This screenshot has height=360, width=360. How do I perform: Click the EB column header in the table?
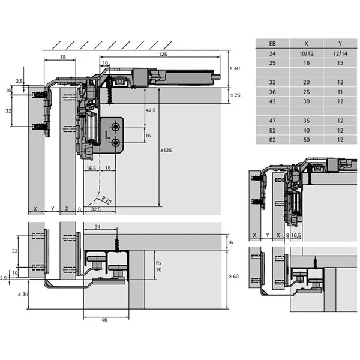pyautogui.click(x=272, y=44)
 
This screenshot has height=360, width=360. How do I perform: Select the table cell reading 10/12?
pyautogui.click(x=306, y=53)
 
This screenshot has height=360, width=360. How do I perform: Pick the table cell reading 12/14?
pyautogui.click(x=340, y=53)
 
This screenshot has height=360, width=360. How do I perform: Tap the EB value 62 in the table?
pyautogui.click(x=272, y=140)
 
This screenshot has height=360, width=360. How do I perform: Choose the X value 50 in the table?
pyautogui.click(x=306, y=140)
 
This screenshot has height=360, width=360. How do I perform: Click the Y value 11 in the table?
pyautogui.click(x=340, y=92)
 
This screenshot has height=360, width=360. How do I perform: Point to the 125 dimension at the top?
pyautogui.click(x=163, y=55)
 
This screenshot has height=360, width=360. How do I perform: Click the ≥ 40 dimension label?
pyautogui.click(x=235, y=68)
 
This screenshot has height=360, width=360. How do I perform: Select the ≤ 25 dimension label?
pyautogui.click(x=235, y=95)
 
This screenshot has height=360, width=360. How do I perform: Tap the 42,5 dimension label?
pyautogui.click(x=151, y=110)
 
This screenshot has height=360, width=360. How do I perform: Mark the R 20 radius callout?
pyautogui.click(x=106, y=200)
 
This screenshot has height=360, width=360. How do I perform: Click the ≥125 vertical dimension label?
pyautogui.click(x=166, y=151)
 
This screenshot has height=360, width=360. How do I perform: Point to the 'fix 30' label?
pyautogui.click(x=158, y=266)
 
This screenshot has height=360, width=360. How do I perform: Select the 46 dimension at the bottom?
pyautogui.click(x=104, y=320)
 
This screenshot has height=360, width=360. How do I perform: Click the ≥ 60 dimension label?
pyautogui.click(x=234, y=277)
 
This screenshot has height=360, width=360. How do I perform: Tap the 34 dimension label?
pyautogui.click(x=98, y=227)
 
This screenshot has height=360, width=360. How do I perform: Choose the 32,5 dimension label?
pyautogui.click(x=96, y=209)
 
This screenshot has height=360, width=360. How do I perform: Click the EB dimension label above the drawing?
pyautogui.click(x=63, y=57)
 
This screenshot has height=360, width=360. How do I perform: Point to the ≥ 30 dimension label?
pyautogui.click(x=23, y=294)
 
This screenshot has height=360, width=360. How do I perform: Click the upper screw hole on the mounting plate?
pyautogui.click(x=115, y=127)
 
